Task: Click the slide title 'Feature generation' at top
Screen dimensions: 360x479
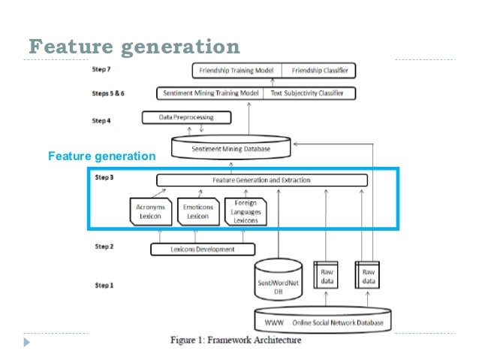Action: coord(134,47)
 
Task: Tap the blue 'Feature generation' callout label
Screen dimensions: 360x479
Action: coord(101,156)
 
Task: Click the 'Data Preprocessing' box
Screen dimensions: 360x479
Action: coord(186,118)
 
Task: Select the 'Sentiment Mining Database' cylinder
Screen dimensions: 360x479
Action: coord(230,148)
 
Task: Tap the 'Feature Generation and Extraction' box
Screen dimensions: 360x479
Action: coord(261,180)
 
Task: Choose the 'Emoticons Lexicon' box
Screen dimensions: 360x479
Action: coord(197,210)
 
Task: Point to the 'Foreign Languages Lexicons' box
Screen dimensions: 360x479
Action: coord(246,210)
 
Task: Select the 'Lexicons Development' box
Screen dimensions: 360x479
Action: coord(203,249)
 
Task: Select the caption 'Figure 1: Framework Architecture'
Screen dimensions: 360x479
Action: coord(235,340)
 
